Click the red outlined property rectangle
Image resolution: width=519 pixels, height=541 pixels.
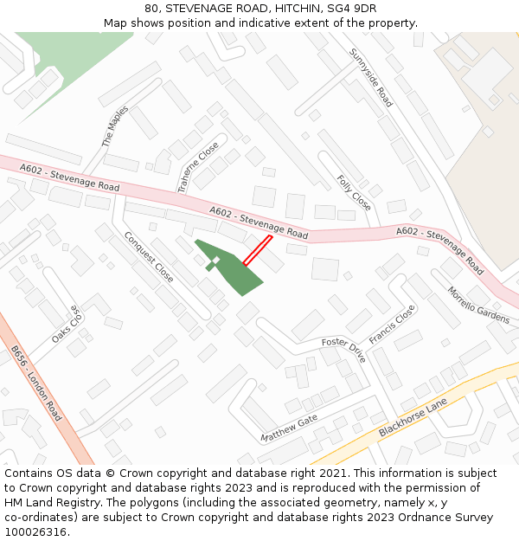click(257, 251)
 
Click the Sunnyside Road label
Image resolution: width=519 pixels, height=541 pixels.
click(371, 78)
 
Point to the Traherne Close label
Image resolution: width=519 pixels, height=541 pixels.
click(198, 167)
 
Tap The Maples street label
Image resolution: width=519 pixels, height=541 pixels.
click(115, 126)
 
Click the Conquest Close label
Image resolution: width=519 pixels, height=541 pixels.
click(148, 256)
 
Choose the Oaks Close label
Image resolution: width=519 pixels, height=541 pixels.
click(65, 324)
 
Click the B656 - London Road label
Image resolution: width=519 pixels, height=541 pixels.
click(36, 383)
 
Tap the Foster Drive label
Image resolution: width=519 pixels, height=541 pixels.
click(344, 349)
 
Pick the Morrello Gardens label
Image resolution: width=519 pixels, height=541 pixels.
click(478, 305)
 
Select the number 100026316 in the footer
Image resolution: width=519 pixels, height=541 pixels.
click(34, 531)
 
